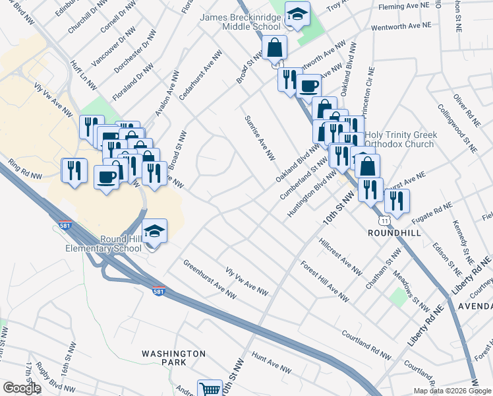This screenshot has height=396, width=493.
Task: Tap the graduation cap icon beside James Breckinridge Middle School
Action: [x=297, y=15]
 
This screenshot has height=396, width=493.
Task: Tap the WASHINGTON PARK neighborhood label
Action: [x=174, y=358]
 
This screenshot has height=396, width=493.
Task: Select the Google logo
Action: [x=21, y=388]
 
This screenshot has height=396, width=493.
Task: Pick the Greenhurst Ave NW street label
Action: [x=209, y=279]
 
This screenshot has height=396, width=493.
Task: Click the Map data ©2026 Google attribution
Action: [x=452, y=391]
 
